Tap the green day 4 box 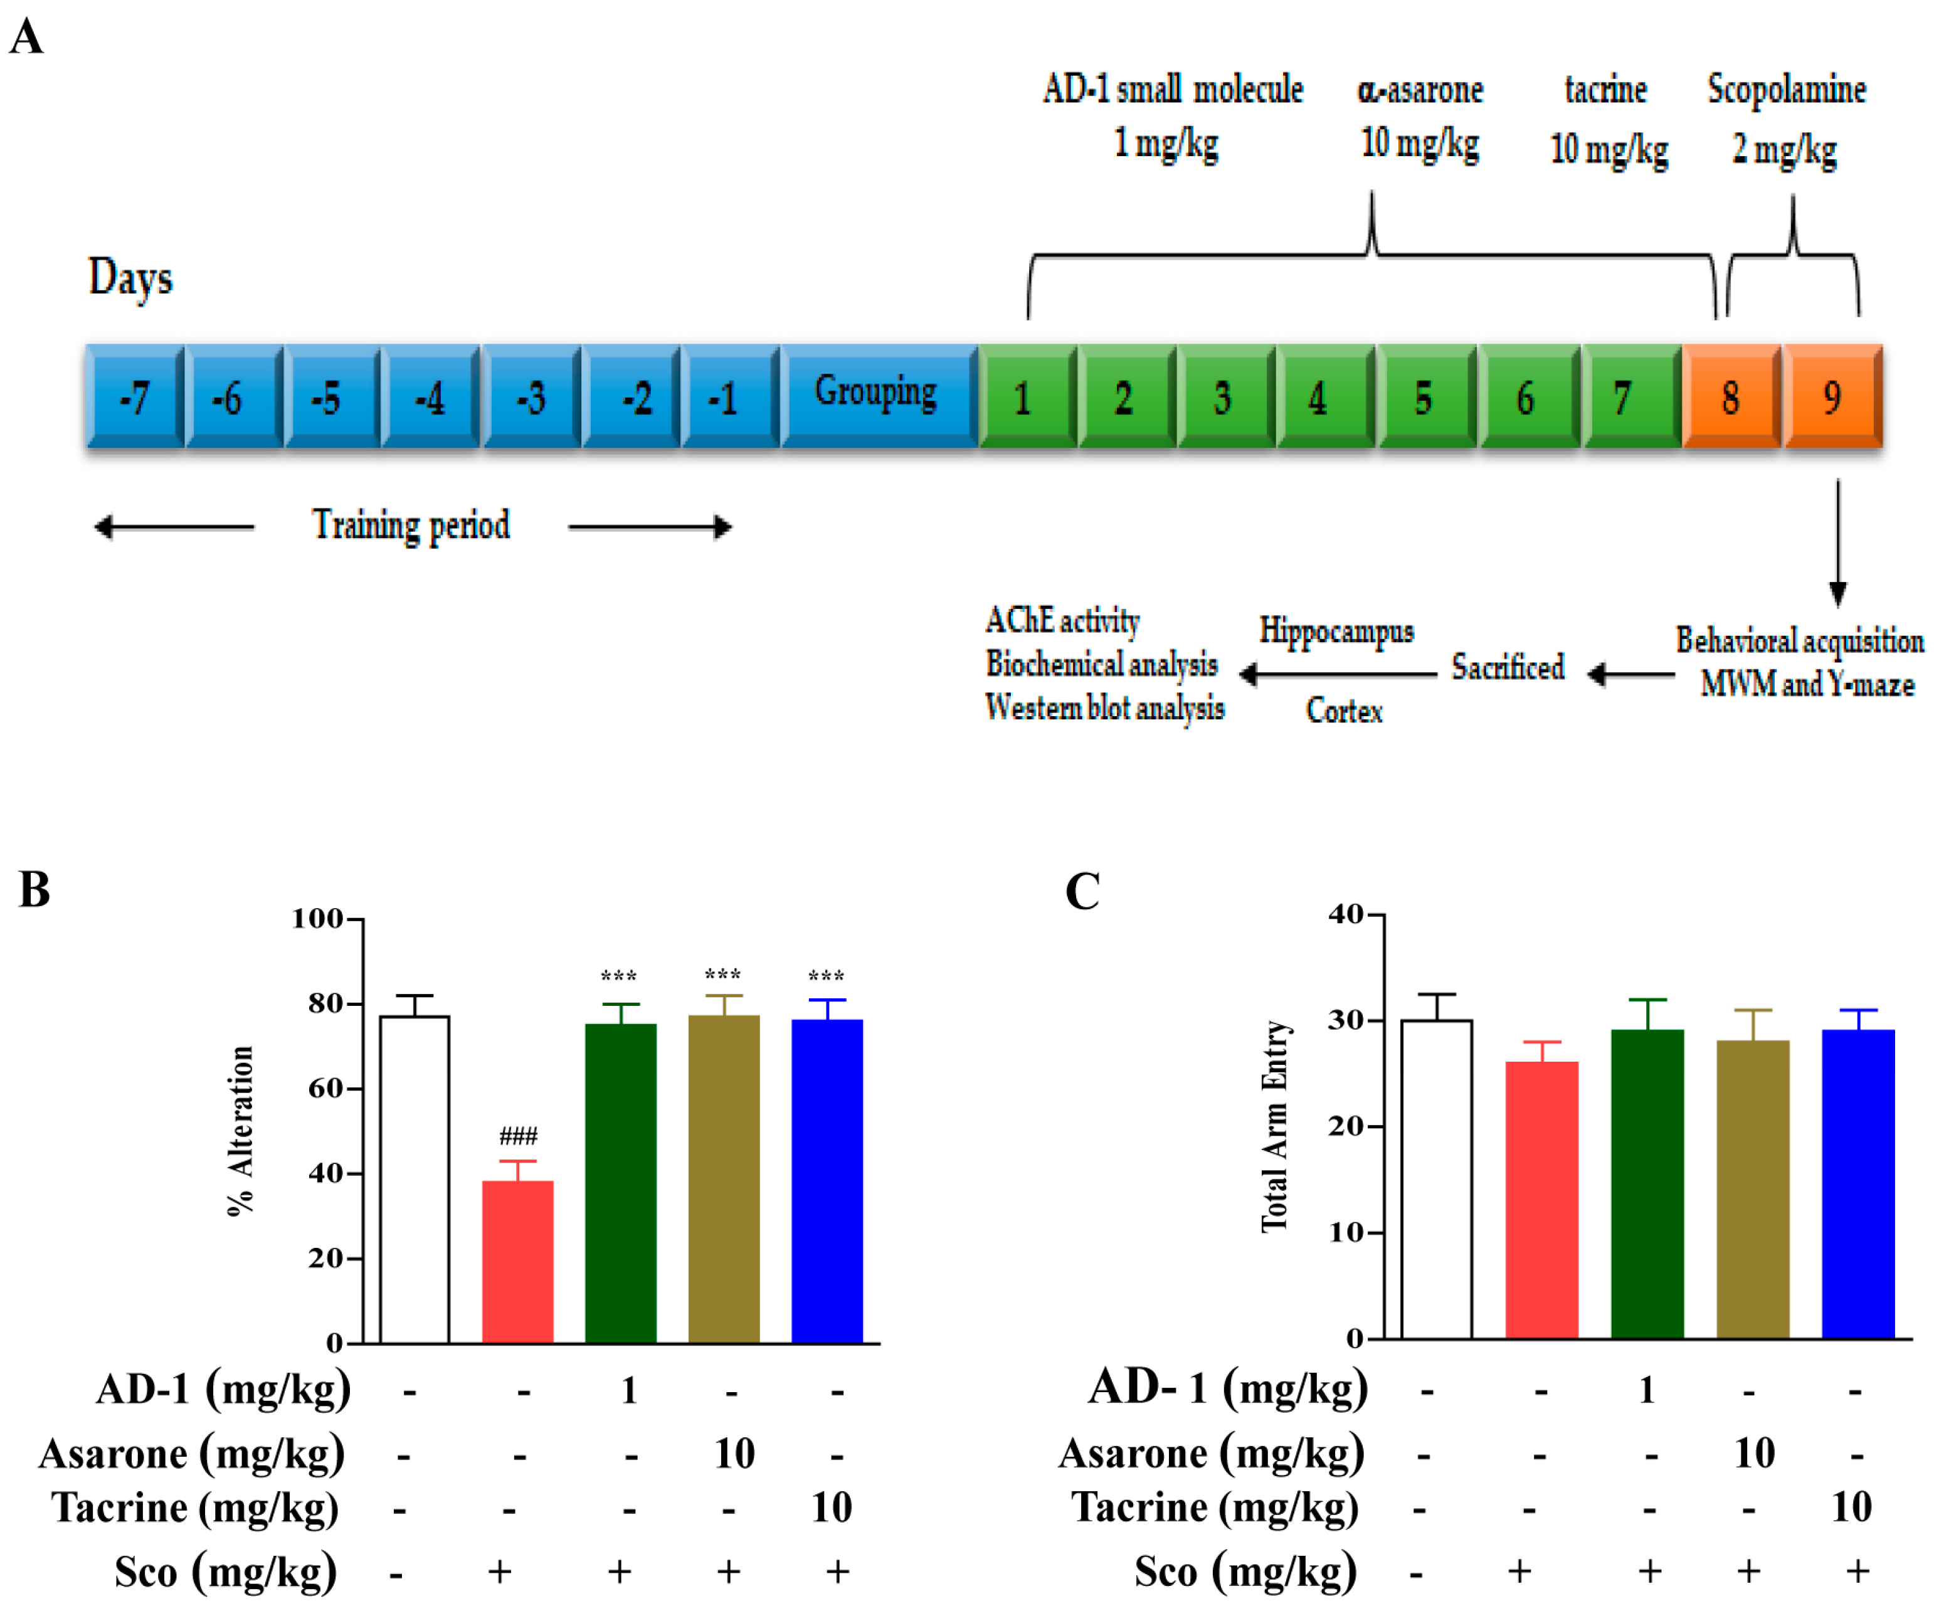[1325, 397]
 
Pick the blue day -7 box [134, 397]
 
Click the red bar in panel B [517, 1261]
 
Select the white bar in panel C [1436, 1178]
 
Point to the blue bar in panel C [1857, 1183]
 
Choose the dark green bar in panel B [621, 1183]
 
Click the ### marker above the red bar [517, 1135]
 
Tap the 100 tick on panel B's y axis [317, 918]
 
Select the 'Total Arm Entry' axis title [1275, 1126]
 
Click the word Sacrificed [1508, 666]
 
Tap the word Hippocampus [1335, 631]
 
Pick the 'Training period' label [411, 525]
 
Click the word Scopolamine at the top [1787, 89]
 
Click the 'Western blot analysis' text [1104, 707]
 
